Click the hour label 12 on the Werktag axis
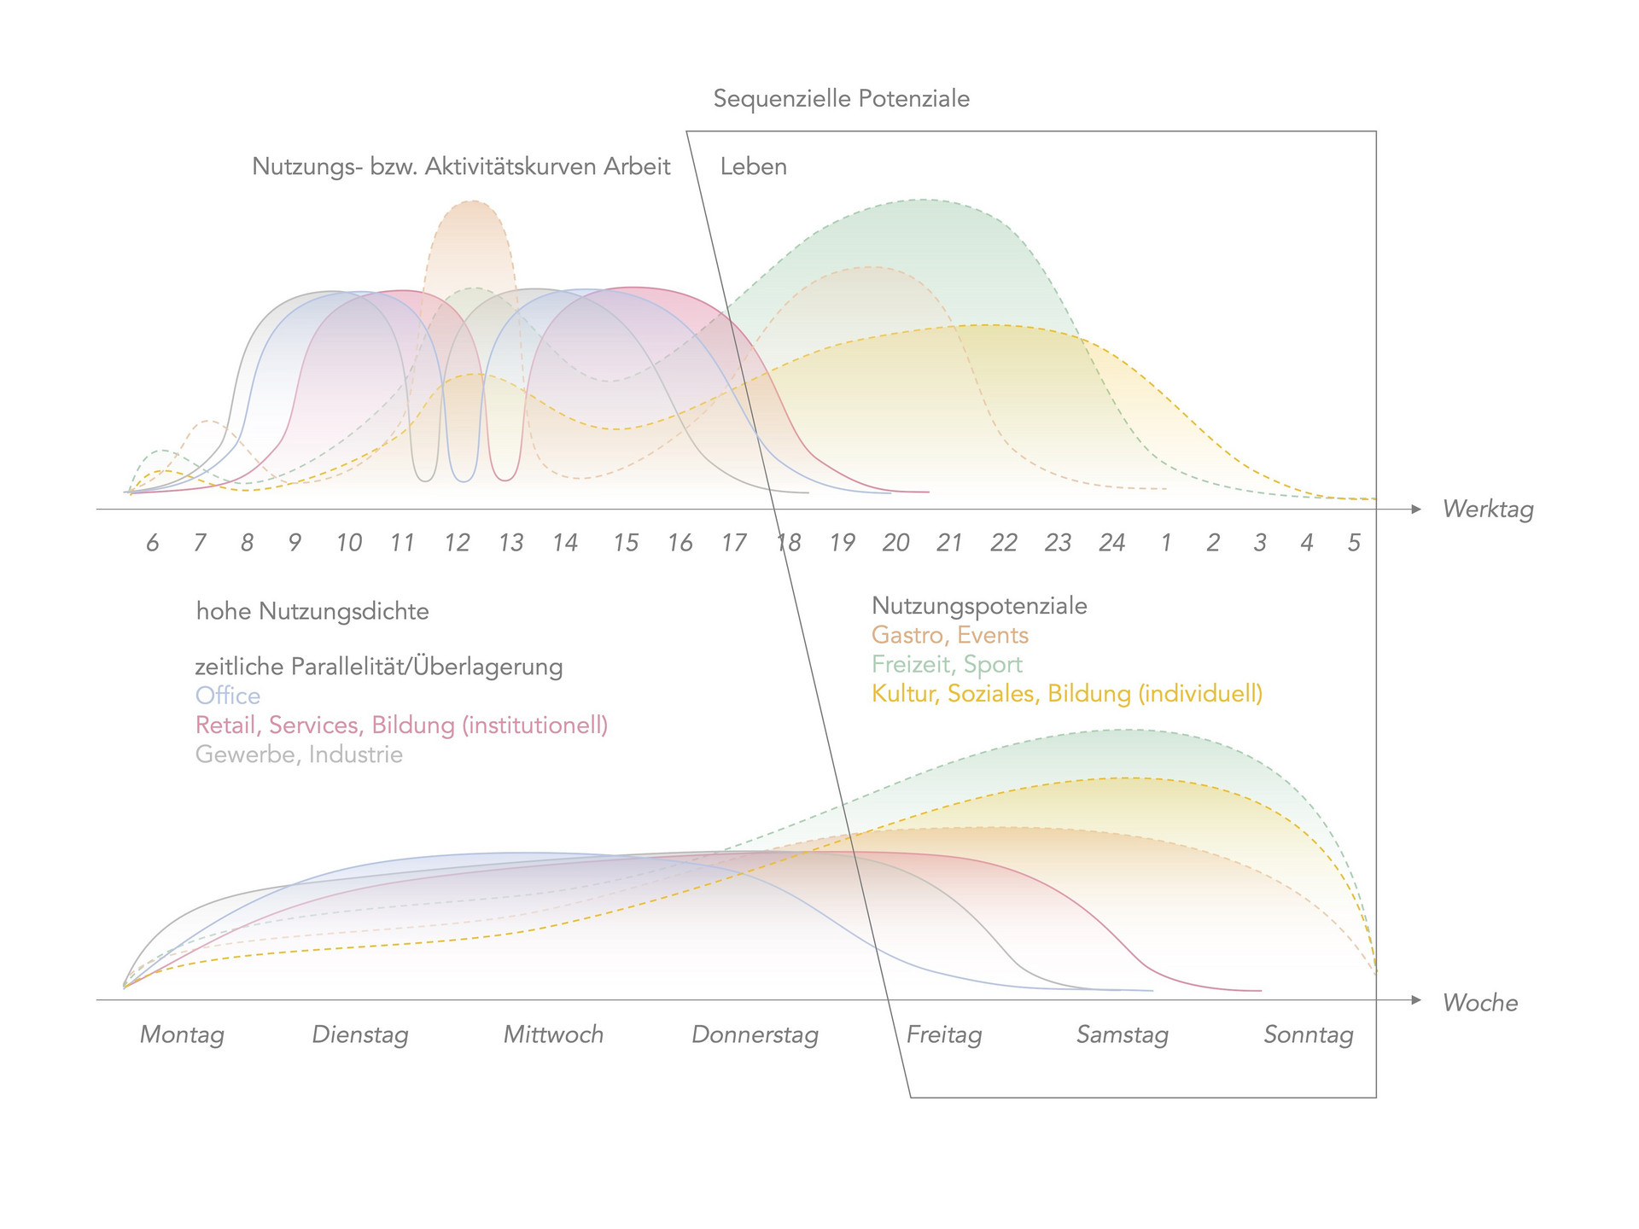coord(457,543)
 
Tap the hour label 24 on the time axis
coord(1111,543)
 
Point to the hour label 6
coord(152,543)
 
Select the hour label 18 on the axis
coord(788,543)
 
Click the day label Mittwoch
coord(553,1034)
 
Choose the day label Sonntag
coord(1308,1034)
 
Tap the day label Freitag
coord(943,1034)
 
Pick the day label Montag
coord(182,1034)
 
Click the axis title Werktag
coord(1488,510)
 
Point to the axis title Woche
coord(1480,1002)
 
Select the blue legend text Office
coord(228,696)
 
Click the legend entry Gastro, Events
coord(949,635)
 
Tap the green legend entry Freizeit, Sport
coord(947,664)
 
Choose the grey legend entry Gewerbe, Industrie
coord(299,754)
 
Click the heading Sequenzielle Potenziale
coord(841,99)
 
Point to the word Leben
coord(753,166)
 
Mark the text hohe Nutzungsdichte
coord(312,611)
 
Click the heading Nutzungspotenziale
coord(979,606)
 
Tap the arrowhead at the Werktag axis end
coord(1416,510)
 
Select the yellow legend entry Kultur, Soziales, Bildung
coord(1066,693)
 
